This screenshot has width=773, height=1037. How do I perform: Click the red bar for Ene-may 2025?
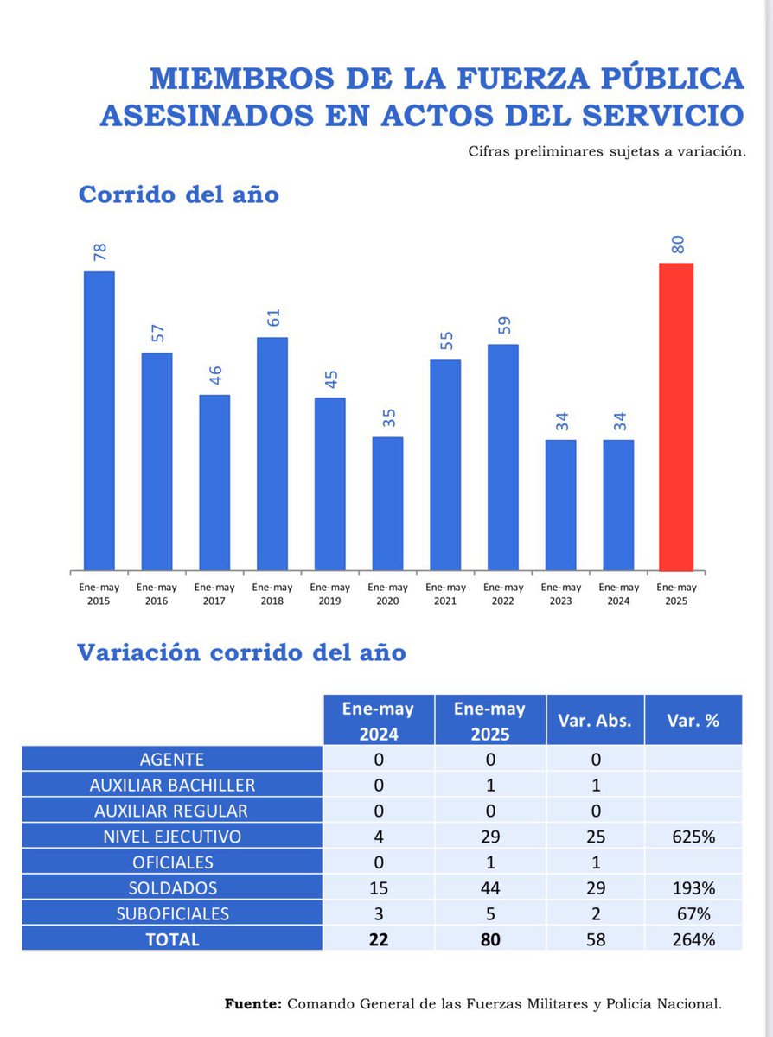tap(676, 417)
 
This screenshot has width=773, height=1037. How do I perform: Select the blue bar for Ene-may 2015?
tap(99, 421)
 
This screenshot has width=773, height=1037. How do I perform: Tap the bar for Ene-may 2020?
tap(387, 503)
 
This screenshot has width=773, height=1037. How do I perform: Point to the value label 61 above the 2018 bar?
tap(272, 318)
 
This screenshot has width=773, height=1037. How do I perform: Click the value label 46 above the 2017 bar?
tap(214, 375)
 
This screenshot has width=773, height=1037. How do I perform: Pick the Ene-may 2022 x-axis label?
tap(502, 594)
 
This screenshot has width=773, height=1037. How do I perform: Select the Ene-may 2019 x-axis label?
tap(329, 594)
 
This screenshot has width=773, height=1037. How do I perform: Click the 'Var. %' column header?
tap(693, 719)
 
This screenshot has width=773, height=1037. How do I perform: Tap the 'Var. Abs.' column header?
tap(594, 719)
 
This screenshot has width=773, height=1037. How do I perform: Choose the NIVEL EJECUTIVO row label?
tap(171, 837)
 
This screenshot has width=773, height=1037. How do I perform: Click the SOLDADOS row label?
tap(171, 887)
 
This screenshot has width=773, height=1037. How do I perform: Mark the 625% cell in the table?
tap(693, 837)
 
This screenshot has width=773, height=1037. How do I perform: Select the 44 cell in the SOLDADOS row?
tap(490, 887)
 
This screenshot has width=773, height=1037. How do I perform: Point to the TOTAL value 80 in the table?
tap(490, 938)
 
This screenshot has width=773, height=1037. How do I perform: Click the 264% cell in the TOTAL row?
tap(693, 938)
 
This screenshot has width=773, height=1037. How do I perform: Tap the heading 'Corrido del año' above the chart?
tap(178, 194)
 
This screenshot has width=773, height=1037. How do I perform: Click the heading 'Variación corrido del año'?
tap(241, 652)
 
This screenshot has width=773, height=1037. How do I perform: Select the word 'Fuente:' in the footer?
tap(252, 1003)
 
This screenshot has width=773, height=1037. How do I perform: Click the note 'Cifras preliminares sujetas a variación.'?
tap(606, 151)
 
